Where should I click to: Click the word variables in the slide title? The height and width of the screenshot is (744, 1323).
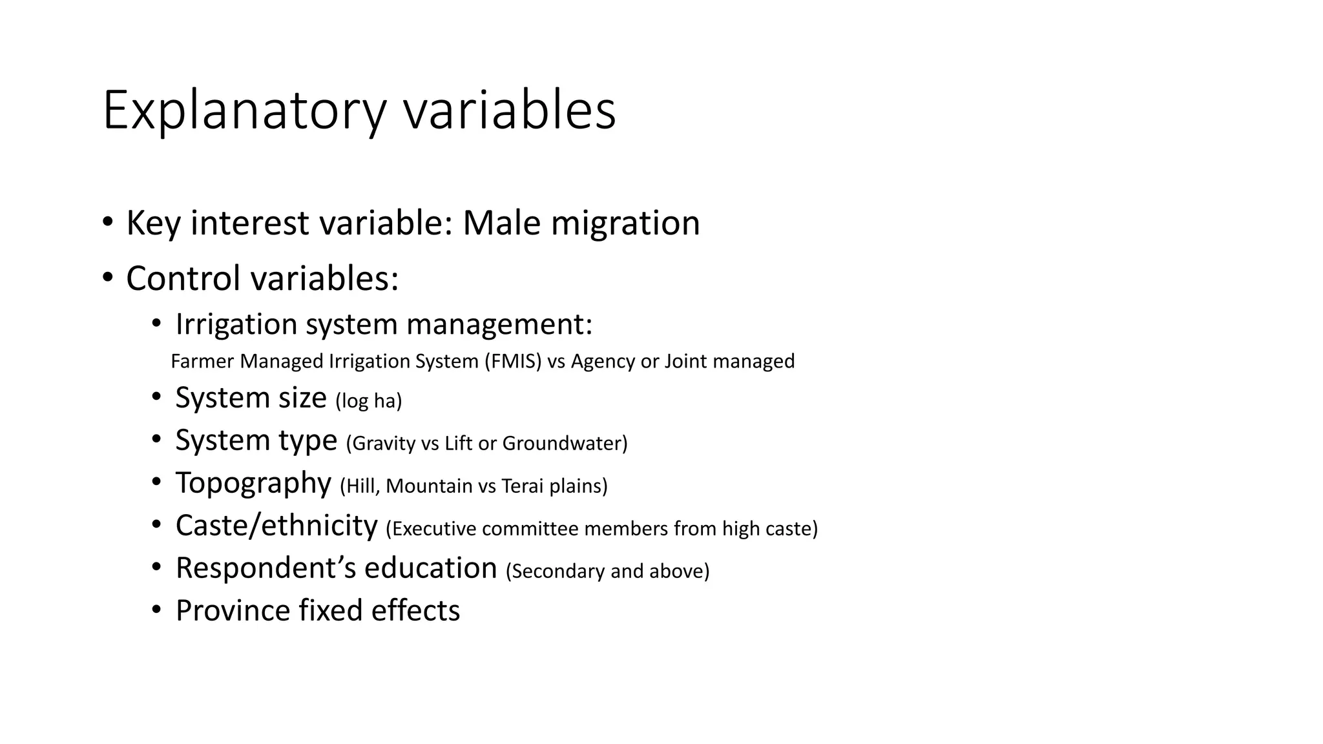click(510, 111)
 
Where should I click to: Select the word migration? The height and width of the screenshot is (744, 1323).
click(625, 223)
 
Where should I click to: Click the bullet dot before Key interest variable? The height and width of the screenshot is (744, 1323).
click(108, 222)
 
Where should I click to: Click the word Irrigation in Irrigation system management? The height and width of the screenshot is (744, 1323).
click(236, 324)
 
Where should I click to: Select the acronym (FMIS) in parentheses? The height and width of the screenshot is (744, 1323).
click(513, 361)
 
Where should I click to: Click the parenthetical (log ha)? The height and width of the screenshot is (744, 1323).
click(368, 401)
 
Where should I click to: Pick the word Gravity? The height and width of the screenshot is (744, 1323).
click(383, 444)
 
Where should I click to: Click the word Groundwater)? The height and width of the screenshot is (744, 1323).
click(565, 444)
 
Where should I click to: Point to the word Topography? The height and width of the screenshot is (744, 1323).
click(253, 483)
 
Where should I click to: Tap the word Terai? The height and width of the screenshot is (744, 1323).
click(523, 486)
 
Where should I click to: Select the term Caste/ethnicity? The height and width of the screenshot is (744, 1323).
click(276, 526)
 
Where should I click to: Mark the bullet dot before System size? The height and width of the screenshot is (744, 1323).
click(156, 397)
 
